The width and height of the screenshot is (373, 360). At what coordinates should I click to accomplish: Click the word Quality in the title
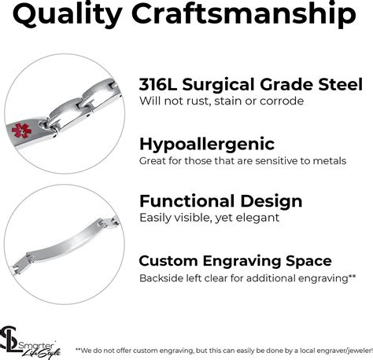[x=67, y=14]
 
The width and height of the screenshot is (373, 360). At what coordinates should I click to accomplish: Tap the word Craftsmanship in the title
[x=244, y=14]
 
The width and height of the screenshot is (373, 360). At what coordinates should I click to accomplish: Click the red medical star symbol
[x=21, y=130]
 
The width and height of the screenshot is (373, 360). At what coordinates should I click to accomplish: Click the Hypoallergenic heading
[x=207, y=145]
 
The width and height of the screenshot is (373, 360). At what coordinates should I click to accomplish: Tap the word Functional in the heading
[x=187, y=201]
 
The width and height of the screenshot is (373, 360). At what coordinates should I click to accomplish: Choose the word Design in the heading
[x=271, y=202]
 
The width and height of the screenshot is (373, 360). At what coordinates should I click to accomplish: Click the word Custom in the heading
[x=168, y=261]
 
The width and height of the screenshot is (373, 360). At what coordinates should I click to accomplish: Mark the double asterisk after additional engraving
[x=352, y=276]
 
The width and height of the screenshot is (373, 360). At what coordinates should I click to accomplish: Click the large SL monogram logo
[x=10, y=340]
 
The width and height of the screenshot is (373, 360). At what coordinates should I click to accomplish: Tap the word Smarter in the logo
[x=36, y=346]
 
